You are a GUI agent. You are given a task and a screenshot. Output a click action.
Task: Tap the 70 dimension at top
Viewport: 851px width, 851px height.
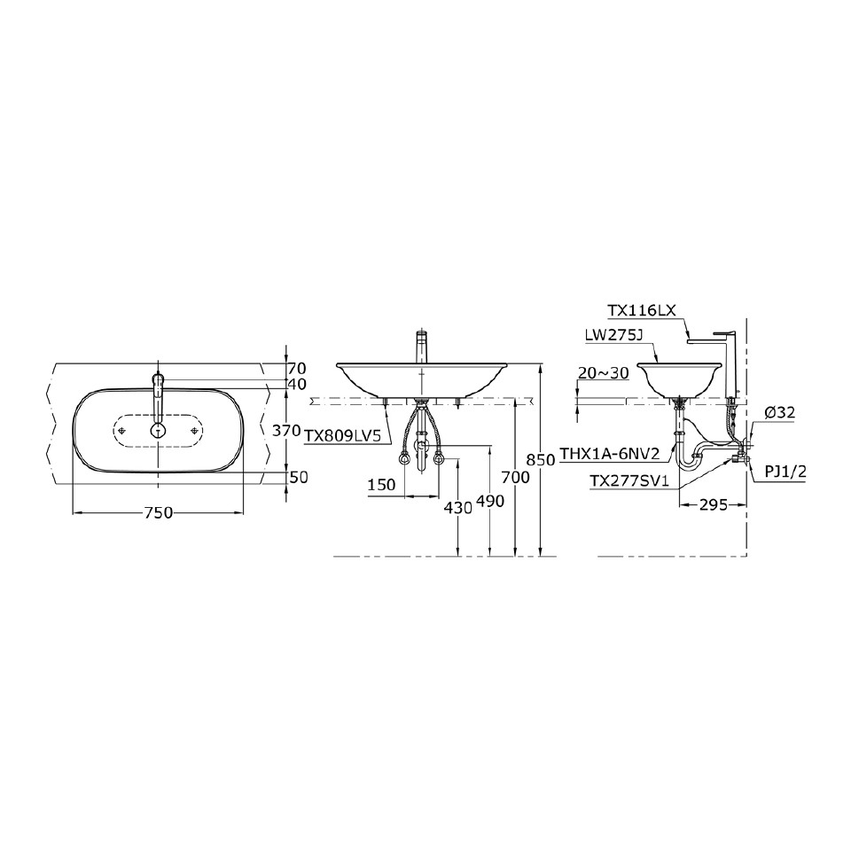tap(298, 367)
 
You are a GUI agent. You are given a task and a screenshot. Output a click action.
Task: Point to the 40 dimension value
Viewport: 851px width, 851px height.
tap(298, 384)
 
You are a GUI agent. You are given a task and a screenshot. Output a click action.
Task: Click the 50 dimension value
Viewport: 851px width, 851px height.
tap(299, 477)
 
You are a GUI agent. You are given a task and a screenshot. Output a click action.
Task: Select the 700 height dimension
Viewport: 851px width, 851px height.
tap(517, 477)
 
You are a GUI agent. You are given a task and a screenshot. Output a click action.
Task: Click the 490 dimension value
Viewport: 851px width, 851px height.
tap(489, 501)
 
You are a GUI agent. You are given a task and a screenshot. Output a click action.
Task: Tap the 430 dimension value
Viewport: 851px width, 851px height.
tap(457, 507)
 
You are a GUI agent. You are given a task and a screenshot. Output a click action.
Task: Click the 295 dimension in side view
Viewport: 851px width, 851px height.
tap(713, 504)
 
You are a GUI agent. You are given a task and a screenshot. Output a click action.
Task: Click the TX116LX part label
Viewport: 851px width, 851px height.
tap(642, 311)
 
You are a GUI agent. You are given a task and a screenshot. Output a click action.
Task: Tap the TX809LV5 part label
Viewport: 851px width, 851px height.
tap(342, 436)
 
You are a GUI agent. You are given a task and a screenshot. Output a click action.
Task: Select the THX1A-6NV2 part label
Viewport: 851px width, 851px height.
tap(610, 454)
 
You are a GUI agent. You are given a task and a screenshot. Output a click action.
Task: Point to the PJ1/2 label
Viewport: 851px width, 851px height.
tap(785, 470)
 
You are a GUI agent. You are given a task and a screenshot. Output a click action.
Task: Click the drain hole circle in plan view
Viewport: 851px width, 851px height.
tap(158, 430)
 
